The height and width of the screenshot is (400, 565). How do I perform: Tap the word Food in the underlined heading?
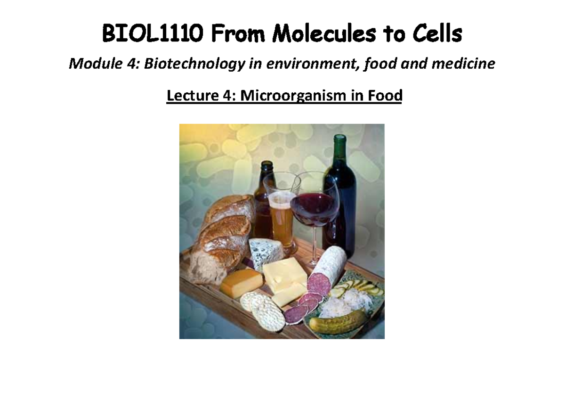pyautogui.click(x=385, y=96)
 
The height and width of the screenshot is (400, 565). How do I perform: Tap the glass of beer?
pyautogui.click(x=282, y=212)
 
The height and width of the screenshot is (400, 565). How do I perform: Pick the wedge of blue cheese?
pyautogui.click(x=266, y=253)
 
